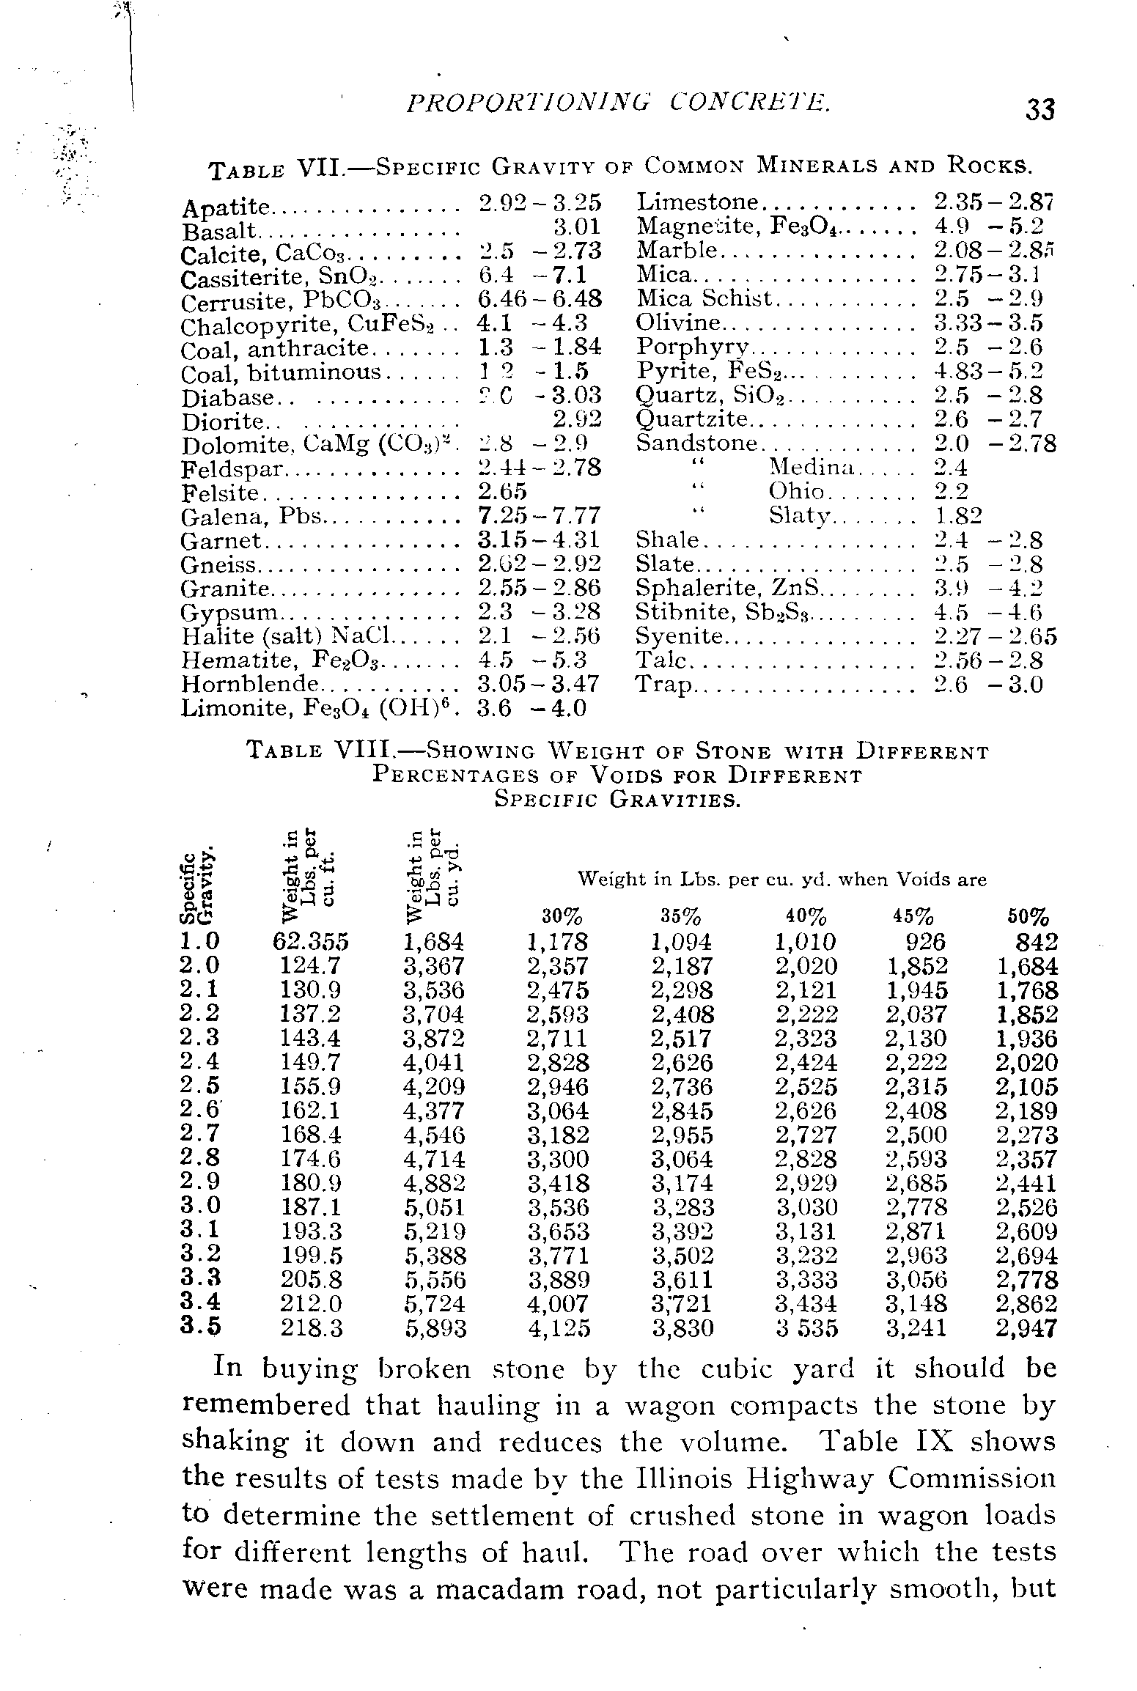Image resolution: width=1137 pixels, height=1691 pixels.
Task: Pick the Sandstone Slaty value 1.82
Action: (958, 515)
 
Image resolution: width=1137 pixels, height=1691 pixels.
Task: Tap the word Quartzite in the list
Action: (693, 419)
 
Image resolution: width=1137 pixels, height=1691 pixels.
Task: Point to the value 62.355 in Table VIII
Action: (310, 941)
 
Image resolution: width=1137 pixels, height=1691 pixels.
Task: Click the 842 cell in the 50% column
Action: (1036, 941)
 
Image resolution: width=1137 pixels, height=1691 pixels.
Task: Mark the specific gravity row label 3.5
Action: (200, 1327)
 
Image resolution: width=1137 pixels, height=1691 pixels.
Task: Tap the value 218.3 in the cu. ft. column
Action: (312, 1328)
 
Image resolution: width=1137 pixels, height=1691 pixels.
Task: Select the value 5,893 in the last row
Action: (435, 1328)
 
